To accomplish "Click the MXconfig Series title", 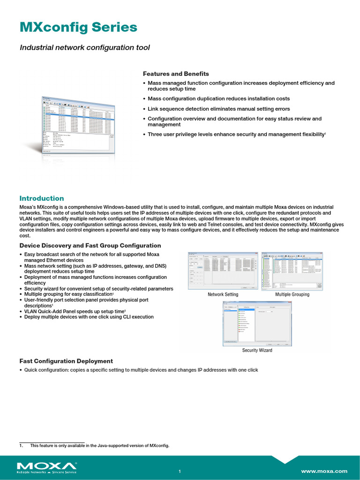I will (x=78, y=28).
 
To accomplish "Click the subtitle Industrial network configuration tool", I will (x=84, y=47).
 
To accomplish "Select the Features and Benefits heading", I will (x=176, y=74).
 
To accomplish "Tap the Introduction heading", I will (x=41, y=198).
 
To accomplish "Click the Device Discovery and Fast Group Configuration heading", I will (x=90, y=246).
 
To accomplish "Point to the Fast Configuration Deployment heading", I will (x=66, y=361).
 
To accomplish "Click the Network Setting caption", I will (x=223, y=294).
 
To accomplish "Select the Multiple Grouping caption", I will (x=292, y=294).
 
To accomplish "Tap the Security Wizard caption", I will (x=257, y=350).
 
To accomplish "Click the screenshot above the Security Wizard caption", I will (x=257, y=323).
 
